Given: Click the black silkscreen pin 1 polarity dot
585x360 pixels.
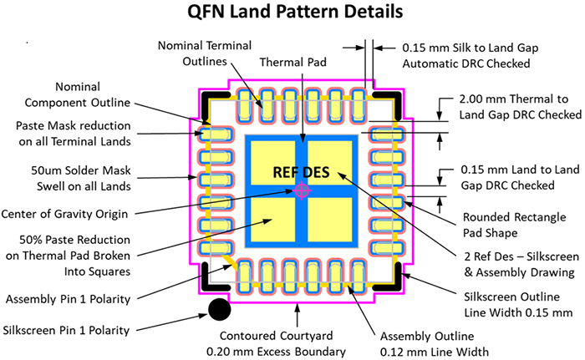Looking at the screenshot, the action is point(219,309).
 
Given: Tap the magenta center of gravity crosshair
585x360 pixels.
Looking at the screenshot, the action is point(303,190).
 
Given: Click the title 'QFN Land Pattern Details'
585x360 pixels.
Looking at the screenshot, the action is point(295,11).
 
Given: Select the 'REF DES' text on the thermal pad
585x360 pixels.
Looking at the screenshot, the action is point(301,172).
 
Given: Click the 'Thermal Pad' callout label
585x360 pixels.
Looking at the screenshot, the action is point(292,62).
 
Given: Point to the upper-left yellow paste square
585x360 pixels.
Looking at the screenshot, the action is point(272,163).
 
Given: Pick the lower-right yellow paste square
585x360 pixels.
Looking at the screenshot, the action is point(330,220).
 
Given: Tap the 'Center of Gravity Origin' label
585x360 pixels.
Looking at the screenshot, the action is point(64,214).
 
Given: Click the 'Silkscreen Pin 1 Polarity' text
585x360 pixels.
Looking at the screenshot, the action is point(66,330).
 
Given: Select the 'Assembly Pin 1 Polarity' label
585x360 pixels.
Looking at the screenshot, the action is point(68,299).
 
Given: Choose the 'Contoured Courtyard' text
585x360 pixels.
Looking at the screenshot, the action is point(276,336).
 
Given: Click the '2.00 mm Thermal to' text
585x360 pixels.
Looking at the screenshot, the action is point(514,99).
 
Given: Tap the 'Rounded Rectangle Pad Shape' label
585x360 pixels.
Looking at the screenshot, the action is point(515,225).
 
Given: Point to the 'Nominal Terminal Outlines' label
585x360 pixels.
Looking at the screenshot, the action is point(205,53).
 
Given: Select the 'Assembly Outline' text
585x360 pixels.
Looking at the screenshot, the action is point(427,336).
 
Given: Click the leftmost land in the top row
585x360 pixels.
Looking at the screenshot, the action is point(244,105).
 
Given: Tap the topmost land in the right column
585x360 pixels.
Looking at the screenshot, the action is point(387,134).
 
